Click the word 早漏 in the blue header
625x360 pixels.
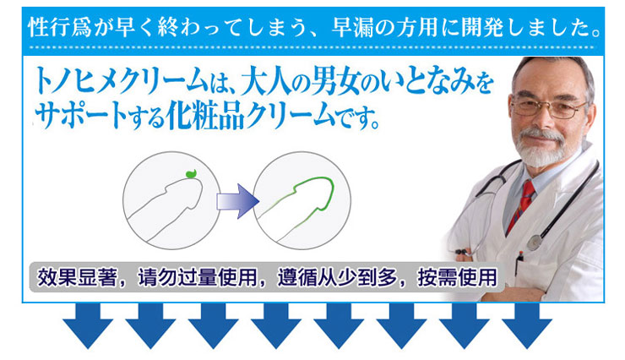(x=352, y=28)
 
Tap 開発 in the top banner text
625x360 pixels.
(x=482, y=28)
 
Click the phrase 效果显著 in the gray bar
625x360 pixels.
(x=77, y=277)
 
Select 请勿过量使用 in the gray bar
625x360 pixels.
(x=198, y=277)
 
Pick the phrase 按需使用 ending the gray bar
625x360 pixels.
(x=457, y=277)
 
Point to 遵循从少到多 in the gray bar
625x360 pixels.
(x=338, y=277)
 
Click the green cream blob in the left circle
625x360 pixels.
(x=192, y=173)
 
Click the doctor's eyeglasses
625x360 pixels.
(x=548, y=107)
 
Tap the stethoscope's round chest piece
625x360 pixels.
(x=534, y=242)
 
